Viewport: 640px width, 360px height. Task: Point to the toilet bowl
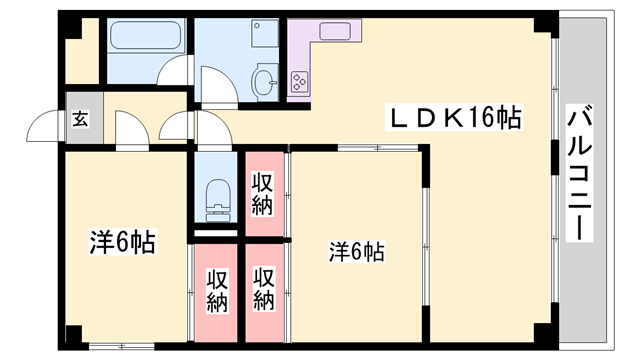(215, 196)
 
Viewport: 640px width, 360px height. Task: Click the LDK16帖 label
(455, 118)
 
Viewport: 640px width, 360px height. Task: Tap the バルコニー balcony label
(579, 173)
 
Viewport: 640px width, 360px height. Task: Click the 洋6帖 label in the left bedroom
(123, 242)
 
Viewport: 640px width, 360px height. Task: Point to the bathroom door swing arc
(178, 72)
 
